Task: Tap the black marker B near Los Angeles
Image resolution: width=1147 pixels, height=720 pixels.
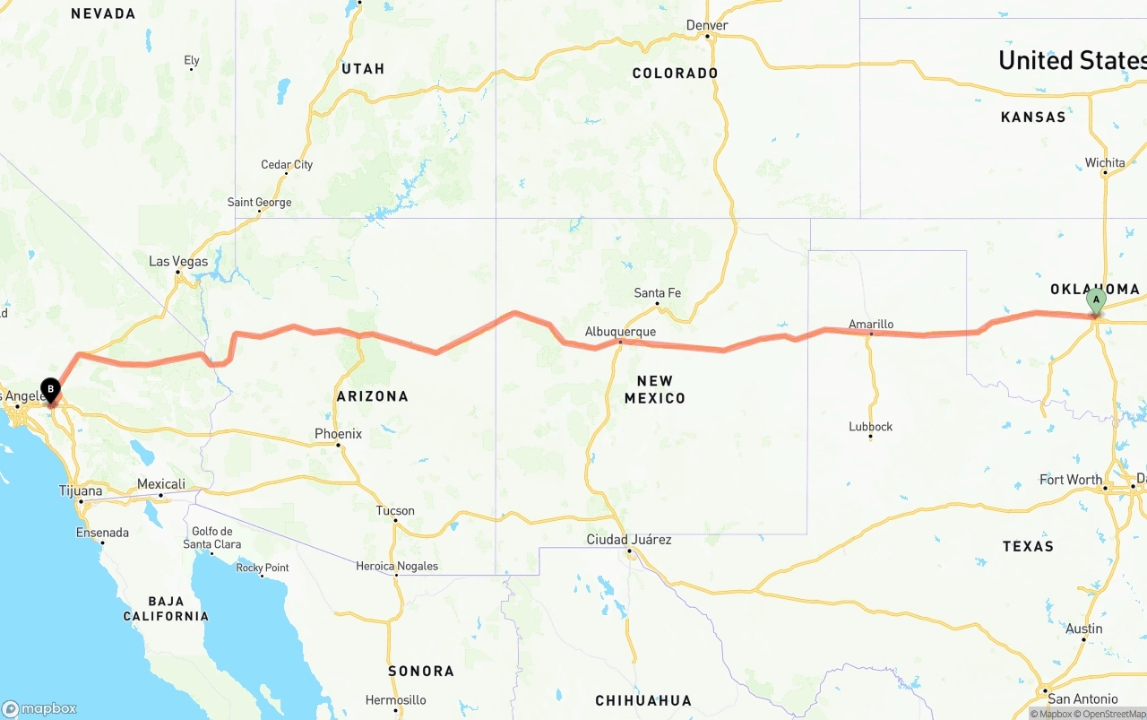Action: [x=51, y=391]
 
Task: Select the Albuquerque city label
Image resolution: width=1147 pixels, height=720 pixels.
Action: [x=620, y=332]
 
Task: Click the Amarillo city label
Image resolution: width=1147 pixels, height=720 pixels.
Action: [x=871, y=325]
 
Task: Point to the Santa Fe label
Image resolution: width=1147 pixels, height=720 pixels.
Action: [x=657, y=293]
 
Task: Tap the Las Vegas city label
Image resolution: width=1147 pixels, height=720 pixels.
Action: [x=178, y=262]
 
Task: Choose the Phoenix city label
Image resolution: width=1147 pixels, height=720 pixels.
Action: [x=338, y=434]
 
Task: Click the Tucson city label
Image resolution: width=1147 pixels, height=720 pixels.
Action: [x=395, y=511]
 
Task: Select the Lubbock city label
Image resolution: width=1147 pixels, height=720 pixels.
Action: [x=871, y=427]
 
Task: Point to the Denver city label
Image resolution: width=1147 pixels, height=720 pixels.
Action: [x=707, y=25]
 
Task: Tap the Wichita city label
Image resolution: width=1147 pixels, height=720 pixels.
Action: [x=1105, y=163]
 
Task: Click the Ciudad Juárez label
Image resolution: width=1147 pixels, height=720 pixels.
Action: [x=629, y=540]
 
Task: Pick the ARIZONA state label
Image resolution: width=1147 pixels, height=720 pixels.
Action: [x=372, y=396]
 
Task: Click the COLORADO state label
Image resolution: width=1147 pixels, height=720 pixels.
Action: [x=675, y=74]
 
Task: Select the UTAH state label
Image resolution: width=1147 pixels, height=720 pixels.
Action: [x=363, y=69]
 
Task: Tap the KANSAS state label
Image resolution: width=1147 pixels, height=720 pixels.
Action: [x=1033, y=117]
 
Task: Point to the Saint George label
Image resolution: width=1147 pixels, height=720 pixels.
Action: [x=259, y=203]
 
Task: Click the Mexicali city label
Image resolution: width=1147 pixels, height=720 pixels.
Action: [x=161, y=484]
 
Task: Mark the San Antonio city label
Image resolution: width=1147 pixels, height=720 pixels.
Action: [x=1082, y=698]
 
